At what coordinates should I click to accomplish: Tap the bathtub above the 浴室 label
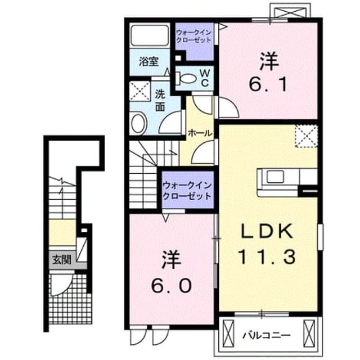coord(150,35)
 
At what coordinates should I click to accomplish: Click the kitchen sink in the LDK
coord(275,177)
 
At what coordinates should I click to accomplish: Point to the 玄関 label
coord(61,260)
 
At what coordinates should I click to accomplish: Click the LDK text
coord(267,231)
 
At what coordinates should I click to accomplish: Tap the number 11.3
coord(267,257)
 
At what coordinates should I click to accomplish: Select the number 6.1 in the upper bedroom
coord(268,84)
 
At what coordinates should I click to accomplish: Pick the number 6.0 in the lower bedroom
coord(171,286)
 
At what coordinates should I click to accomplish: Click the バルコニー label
coord(267,336)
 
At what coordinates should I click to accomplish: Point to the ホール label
coord(200,133)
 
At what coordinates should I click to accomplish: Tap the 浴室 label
coord(149,61)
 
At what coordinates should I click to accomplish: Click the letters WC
coord(205,79)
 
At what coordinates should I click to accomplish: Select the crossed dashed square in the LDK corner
coord(307,136)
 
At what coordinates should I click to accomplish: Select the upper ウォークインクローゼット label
coord(193,36)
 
